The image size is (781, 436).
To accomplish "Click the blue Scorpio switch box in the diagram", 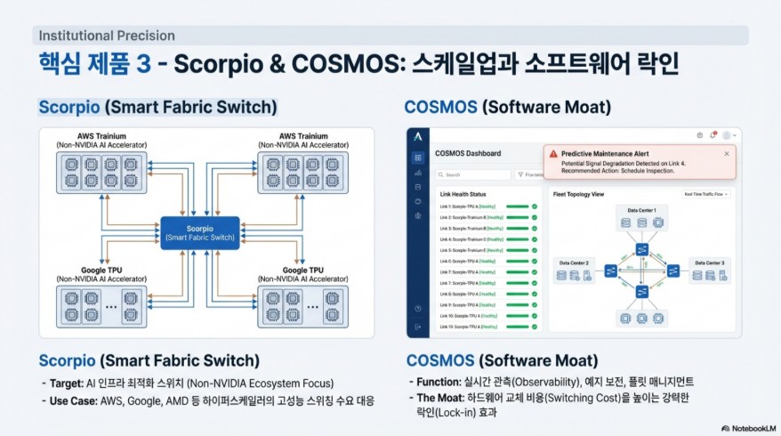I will pyautogui.click(x=200, y=232).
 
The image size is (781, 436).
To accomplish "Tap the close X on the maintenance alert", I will pyautogui.click(x=726, y=153).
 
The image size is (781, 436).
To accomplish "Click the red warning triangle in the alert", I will pyautogui.click(x=553, y=154).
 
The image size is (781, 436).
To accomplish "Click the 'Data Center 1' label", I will pyautogui.click(x=641, y=210).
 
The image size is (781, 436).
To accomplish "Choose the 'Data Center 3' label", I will pyautogui.click(x=709, y=262).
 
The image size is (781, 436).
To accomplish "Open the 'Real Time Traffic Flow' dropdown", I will pyautogui.click(x=705, y=193).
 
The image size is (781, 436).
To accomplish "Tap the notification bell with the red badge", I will pyautogui.click(x=713, y=135).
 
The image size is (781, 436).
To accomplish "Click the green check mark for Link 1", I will pyautogui.click(x=535, y=206).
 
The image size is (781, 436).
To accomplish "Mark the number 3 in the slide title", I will pyautogui.click(x=143, y=66).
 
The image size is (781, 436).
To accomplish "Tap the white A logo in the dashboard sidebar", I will pyautogui.click(x=417, y=135).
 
